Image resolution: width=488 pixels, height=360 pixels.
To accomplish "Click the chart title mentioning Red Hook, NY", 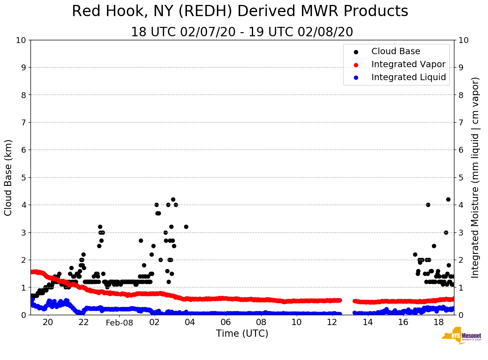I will point(240,12).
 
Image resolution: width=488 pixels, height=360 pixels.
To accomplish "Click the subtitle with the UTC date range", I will point(242,32).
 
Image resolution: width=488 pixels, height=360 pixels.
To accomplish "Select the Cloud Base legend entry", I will point(396,51).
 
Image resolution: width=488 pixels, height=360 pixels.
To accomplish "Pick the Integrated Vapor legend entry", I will point(408,64).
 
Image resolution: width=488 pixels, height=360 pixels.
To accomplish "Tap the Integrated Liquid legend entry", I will point(408,77).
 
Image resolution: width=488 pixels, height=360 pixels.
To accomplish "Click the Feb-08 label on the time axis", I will point(119,323).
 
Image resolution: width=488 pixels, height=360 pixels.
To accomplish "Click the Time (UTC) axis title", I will point(242,334).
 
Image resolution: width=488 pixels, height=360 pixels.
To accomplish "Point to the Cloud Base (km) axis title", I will point(9,177).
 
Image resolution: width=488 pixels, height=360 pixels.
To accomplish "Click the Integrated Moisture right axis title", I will point(475,177).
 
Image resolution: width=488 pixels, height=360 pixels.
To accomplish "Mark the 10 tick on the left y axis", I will point(21,40).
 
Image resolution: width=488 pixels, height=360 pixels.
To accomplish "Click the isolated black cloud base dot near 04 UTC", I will point(186,227).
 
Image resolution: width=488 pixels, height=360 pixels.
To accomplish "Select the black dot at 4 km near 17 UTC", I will point(428,205).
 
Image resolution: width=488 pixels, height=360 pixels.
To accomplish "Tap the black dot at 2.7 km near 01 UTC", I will point(141,240).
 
